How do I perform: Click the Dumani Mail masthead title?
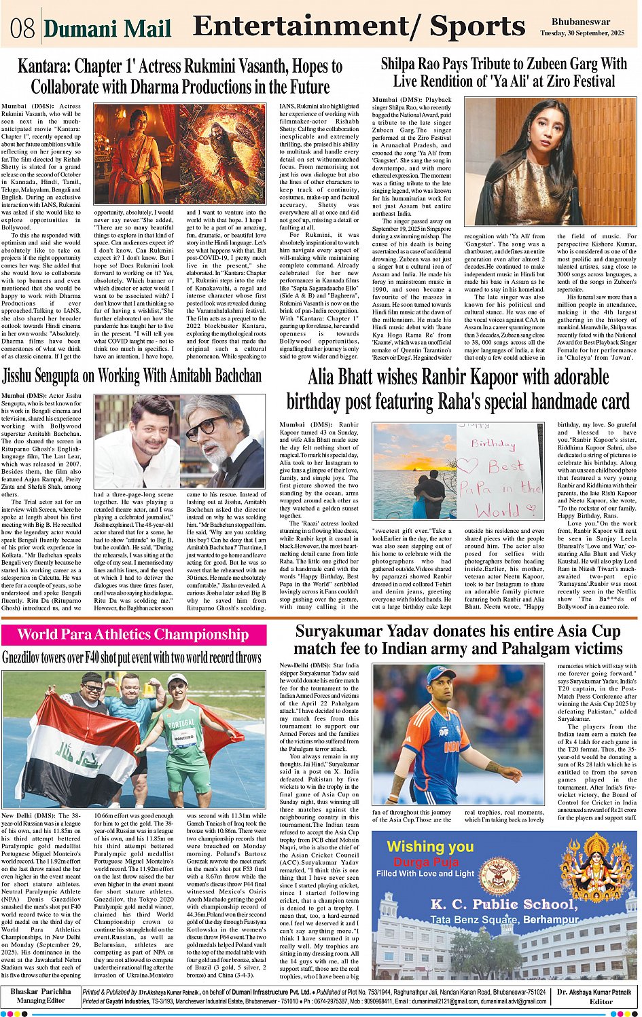[x=107, y=29]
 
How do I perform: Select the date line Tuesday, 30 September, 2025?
[x=582, y=33]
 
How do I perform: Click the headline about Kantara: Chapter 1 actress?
[x=180, y=77]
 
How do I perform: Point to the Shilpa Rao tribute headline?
[x=503, y=73]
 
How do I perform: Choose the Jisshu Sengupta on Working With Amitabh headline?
[x=132, y=376]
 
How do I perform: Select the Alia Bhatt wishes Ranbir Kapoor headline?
[x=458, y=390]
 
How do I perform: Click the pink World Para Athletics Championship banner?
[x=133, y=635]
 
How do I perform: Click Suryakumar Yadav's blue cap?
[x=441, y=674]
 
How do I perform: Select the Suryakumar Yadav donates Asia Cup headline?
[x=458, y=640]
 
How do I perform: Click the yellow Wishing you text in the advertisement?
[x=430, y=847]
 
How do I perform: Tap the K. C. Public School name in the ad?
[x=503, y=904]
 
